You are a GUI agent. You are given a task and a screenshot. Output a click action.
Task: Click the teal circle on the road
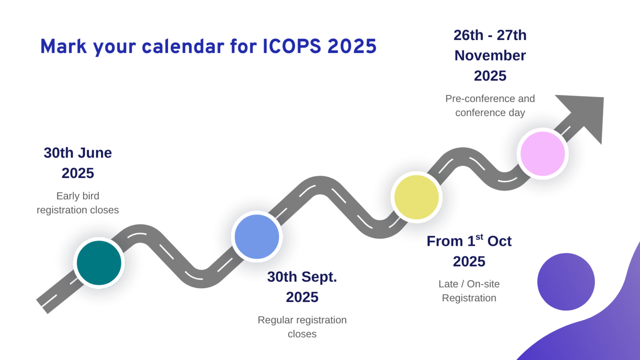click(99, 263)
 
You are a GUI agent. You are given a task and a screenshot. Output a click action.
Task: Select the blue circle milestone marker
click(257, 237)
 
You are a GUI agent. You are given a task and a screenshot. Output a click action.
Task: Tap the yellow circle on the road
click(417, 197)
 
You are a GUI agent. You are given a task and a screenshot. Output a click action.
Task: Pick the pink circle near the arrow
click(542, 154)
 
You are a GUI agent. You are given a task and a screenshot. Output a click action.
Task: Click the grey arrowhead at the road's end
click(586, 114)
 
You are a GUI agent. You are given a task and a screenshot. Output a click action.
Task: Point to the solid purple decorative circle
click(566, 282)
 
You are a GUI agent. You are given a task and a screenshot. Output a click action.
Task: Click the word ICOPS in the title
click(292, 46)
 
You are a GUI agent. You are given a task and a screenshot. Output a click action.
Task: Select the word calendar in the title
click(183, 46)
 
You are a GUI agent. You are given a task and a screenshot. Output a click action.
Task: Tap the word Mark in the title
click(63, 46)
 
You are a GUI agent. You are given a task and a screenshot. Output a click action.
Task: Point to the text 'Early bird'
click(78, 196)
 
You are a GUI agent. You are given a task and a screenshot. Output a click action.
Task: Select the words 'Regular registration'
click(302, 320)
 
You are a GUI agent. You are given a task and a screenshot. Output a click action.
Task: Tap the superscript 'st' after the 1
click(480, 237)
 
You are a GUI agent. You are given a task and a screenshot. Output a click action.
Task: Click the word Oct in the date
click(500, 241)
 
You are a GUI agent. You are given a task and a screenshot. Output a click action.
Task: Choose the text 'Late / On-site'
click(469, 284)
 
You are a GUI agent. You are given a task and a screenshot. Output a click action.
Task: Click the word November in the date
click(490, 55)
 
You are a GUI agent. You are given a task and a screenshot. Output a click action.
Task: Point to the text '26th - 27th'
click(490, 35)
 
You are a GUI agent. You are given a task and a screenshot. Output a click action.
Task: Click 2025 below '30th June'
click(78, 173)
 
